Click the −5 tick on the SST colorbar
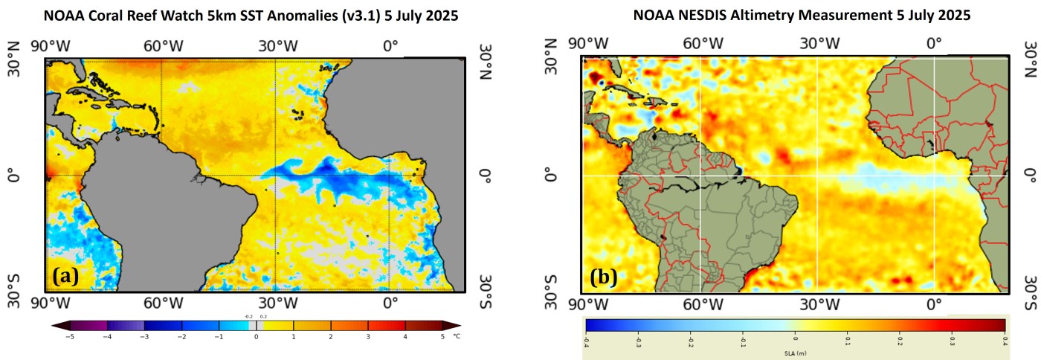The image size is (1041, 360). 71,336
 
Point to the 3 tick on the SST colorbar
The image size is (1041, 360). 368,336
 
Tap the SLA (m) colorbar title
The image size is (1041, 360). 796,353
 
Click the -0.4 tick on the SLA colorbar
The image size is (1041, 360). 586,341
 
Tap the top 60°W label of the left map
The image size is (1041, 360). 163,45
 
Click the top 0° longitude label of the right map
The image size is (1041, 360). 934,43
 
